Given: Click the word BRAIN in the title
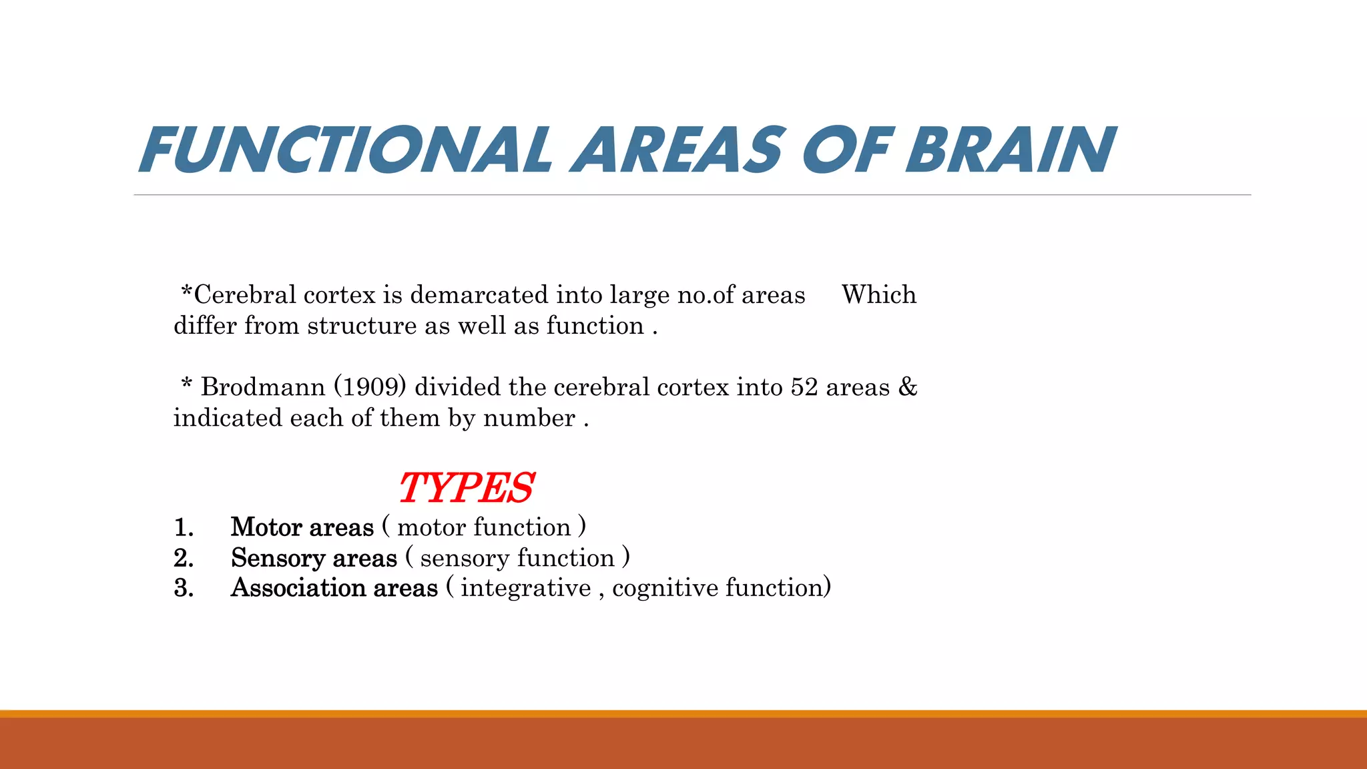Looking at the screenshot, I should (1010, 150).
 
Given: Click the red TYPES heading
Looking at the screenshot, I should (466, 488).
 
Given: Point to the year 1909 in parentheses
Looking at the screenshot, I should (370, 387).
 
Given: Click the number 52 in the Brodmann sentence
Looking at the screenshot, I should (804, 387).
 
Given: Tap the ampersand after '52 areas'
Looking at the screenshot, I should (908, 387).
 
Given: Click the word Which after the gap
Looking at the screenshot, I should (879, 294).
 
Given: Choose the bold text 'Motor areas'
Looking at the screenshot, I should (302, 527).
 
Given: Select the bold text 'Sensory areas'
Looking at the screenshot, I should (314, 558).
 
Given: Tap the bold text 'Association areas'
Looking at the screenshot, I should (334, 588).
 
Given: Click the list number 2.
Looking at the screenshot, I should (184, 558).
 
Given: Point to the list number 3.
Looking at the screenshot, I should (184, 588).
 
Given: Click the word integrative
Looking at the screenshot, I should (526, 588).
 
